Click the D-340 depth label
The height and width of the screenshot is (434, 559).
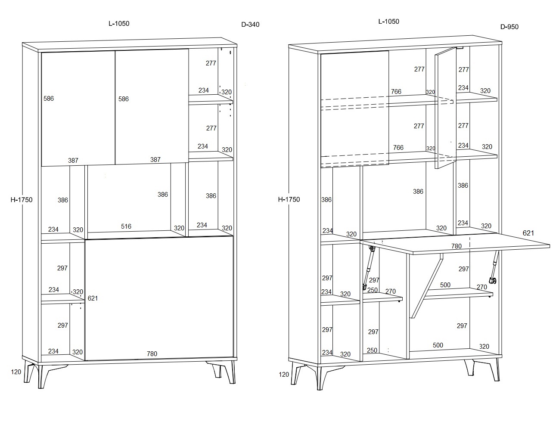point(250,25)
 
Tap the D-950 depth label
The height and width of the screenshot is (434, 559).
point(509,27)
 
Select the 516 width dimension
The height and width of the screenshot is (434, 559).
point(126,226)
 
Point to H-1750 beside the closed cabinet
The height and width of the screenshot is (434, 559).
point(22,200)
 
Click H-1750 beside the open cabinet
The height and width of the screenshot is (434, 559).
point(289,199)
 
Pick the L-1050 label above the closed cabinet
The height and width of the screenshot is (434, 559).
point(119,23)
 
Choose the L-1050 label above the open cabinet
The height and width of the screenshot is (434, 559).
point(389,22)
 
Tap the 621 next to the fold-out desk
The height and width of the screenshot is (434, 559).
point(528,233)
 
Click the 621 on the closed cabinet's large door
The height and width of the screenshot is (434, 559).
point(93,298)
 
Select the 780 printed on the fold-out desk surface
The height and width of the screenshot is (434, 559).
point(457,246)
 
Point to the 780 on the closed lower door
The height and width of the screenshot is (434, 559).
point(152,354)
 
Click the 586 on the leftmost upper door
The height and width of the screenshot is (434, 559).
point(49,99)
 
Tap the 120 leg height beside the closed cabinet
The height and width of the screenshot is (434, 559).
point(16,372)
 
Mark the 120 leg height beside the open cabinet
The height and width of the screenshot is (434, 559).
point(284,375)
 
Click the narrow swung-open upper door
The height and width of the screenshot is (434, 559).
point(445,108)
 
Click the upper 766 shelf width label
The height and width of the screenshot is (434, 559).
point(396,92)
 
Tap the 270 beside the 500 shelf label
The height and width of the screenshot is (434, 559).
point(482,287)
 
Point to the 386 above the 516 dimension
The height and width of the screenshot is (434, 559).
point(163,194)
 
